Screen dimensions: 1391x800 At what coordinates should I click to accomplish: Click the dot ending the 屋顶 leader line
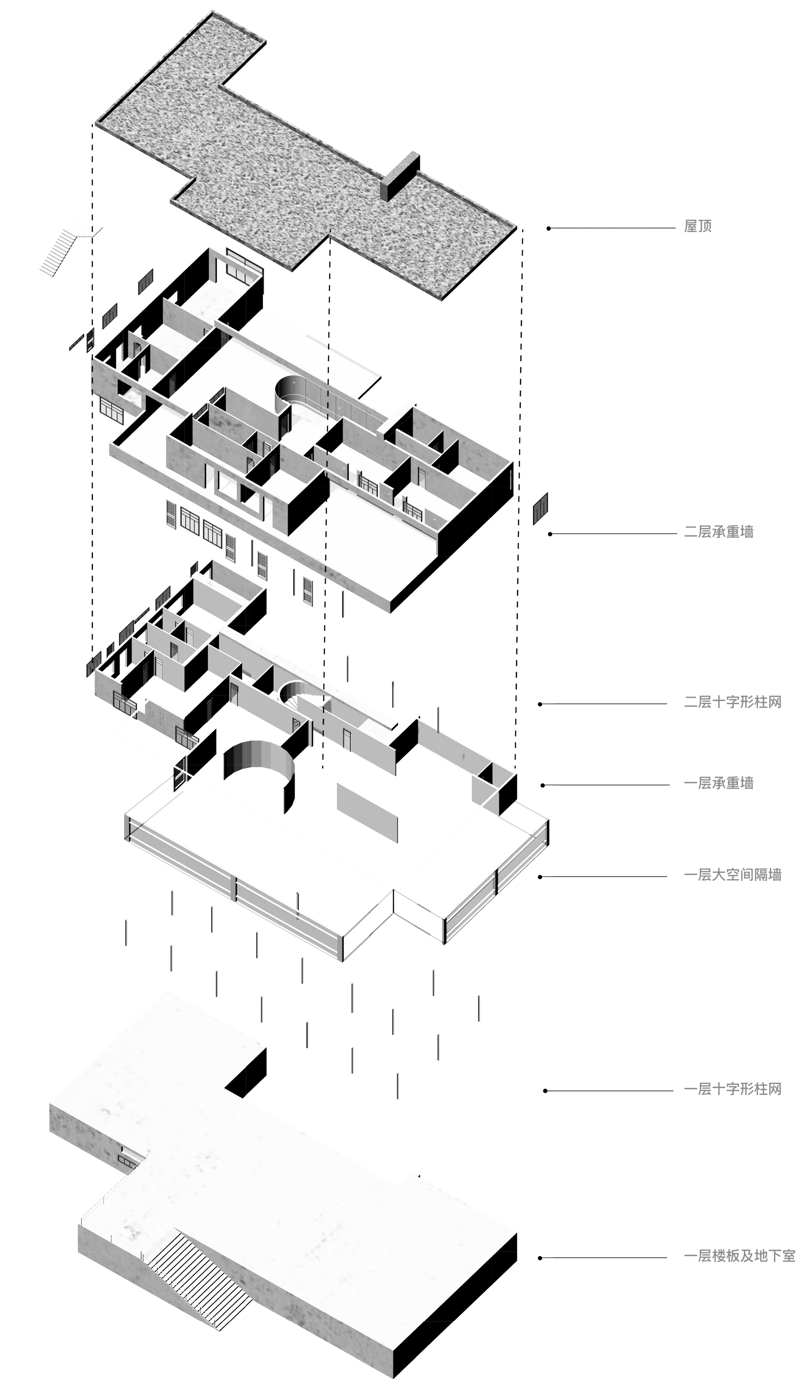click(548, 228)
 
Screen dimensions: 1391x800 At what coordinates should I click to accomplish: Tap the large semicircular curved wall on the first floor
click(258, 769)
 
